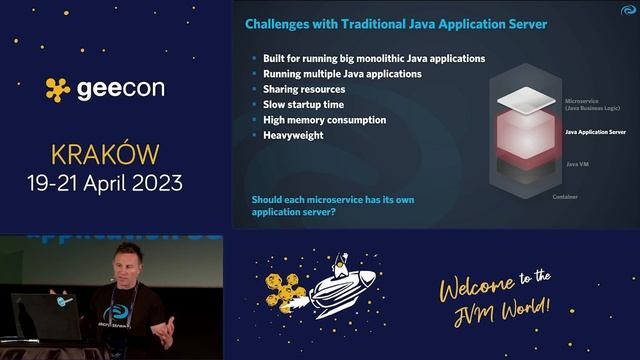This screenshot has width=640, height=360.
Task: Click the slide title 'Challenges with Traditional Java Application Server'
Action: click(397, 23)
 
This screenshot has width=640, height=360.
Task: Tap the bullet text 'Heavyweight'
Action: click(293, 135)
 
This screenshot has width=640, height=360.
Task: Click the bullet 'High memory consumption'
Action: click(324, 120)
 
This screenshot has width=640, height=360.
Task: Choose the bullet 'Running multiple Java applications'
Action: click(342, 74)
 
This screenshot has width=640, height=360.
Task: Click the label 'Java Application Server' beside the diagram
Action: click(596, 131)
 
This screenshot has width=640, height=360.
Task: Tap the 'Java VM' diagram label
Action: click(577, 163)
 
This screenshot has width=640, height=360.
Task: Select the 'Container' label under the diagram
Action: click(565, 197)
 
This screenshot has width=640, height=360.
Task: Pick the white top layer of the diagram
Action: click(524, 99)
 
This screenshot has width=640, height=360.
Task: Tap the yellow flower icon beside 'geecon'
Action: click(58, 89)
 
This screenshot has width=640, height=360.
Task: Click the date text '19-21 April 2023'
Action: click(105, 183)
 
